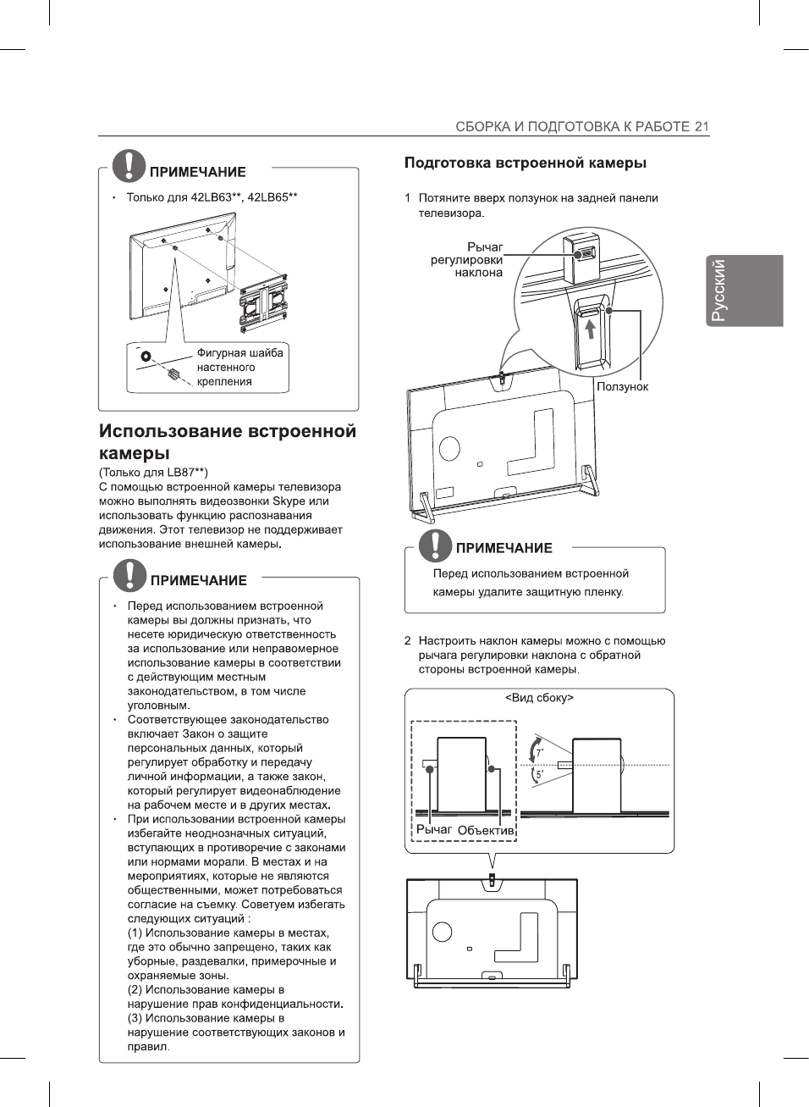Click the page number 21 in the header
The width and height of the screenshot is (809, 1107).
[x=702, y=127]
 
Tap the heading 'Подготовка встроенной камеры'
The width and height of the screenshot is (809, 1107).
[x=525, y=163]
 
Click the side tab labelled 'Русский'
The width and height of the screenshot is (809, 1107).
[x=745, y=291]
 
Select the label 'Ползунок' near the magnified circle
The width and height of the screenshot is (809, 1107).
[x=622, y=387]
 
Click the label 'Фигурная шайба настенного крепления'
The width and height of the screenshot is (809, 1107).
[x=239, y=368]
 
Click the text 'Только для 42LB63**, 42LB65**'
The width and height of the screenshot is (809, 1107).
[x=212, y=197]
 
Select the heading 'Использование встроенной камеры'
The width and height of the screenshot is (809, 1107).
[x=227, y=441]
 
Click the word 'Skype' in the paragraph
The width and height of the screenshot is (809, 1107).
[x=289, y=501]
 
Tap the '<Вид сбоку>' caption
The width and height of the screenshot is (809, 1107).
[x=539, y=698]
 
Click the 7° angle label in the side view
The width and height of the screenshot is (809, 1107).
[x=540, y=751]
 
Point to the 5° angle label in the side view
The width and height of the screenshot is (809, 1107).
[x=540, y=774]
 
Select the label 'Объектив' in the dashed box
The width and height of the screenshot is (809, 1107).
[x=486, y=831]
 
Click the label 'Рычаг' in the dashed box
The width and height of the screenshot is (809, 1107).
[x=433, y=830]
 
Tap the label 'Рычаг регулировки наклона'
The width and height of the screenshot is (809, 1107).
[x=466, y=260]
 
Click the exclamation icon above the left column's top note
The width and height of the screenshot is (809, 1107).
[x=129, y=165]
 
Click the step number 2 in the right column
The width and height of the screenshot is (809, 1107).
[x=407, y=641]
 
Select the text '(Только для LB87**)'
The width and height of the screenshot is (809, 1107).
[x=153, y=473]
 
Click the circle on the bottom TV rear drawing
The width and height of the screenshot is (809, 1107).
[x=442, y=932]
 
